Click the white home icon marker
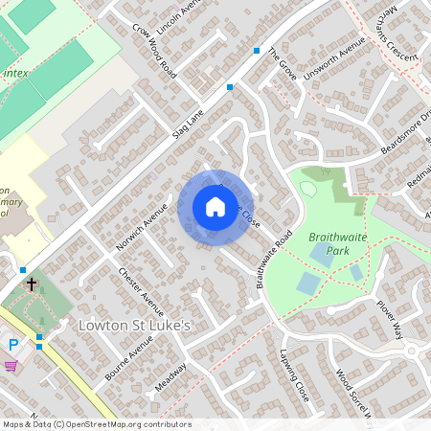click(x=215, y=207)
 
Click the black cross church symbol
click(x=32, y=284)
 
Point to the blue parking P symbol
click(x=13, y=345)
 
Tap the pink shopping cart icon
click(x=11, y=365)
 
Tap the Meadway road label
click(x=170, y=381)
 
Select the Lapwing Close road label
click(x=295, y=375)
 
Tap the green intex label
click(x=15, y=72)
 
